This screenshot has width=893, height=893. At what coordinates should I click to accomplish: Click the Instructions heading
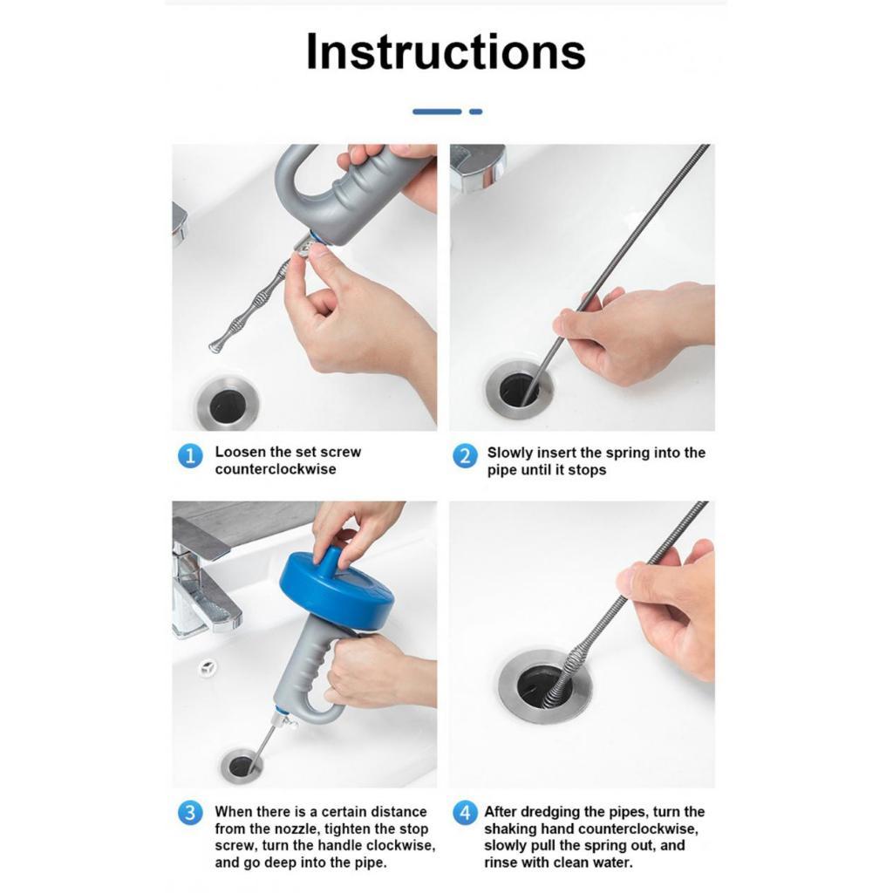click(x=446, y=51)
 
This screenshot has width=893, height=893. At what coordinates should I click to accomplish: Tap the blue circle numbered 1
click(x=190, y=456)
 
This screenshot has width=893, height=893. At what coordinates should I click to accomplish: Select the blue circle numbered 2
click(x=465, y=456)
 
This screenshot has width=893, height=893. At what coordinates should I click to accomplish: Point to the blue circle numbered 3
click(x=190, y=813)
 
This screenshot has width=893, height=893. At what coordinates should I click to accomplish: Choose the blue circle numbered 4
click(x=465, y=813)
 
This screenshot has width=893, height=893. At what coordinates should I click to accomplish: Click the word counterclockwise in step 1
click(x=276, y=469)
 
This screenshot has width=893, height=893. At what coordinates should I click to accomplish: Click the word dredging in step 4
click(x=548, y=812)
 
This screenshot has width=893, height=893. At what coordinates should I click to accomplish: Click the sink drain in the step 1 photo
click(x=228, y=404)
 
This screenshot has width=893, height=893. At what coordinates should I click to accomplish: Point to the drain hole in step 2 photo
click(x=518, y=389)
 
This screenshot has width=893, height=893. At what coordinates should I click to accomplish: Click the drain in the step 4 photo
click(x=544, y=686)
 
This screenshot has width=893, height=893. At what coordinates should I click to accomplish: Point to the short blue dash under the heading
click(x=476, y=112)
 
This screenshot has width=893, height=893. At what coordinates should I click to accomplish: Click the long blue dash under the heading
click(x=437, y=112)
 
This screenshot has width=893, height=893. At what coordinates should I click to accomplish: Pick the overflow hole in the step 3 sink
click(x=208, y=667)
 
